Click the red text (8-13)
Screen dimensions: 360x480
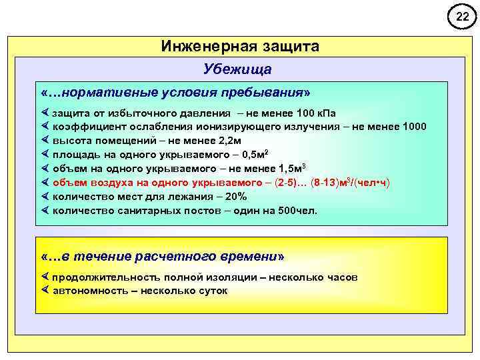click(326, 182)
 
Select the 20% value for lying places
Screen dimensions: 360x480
click(236, 196)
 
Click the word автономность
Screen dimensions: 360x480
click(85, 291)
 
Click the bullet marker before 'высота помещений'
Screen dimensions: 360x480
click(45, 141)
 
